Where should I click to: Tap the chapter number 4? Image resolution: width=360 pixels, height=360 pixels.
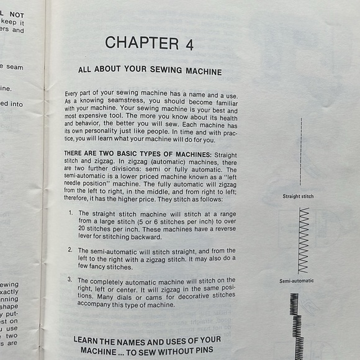(189, 43)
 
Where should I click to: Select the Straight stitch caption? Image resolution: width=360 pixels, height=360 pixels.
(298, 196)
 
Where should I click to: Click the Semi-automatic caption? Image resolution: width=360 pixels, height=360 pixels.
(297, 281)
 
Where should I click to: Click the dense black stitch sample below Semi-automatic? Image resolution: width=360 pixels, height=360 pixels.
(295, 323)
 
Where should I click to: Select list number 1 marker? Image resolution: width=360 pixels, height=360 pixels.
(70, 213)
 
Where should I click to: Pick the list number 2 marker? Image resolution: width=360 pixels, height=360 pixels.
(70, 249)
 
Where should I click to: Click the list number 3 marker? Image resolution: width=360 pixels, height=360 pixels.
(70, 281)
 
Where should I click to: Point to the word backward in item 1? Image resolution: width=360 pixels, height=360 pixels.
(147, 236)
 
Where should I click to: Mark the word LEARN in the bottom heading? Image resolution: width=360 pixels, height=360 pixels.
(89, 340)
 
